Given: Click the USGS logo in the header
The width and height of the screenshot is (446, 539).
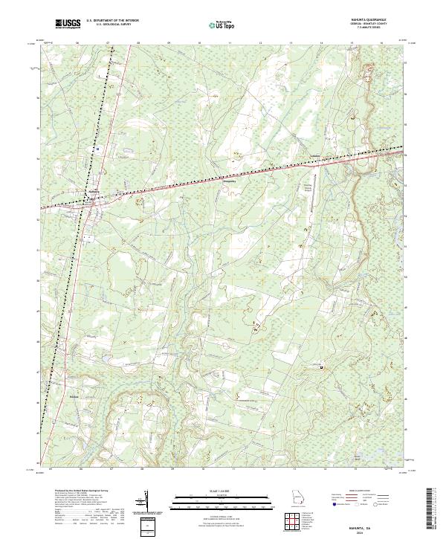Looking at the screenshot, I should point(68,25).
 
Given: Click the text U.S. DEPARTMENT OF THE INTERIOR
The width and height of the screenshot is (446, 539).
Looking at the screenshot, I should point(112,20).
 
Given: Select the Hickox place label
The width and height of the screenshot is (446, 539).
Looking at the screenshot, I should point(73,396).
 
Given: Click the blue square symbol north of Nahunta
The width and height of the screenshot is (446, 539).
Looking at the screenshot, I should point(97,149).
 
